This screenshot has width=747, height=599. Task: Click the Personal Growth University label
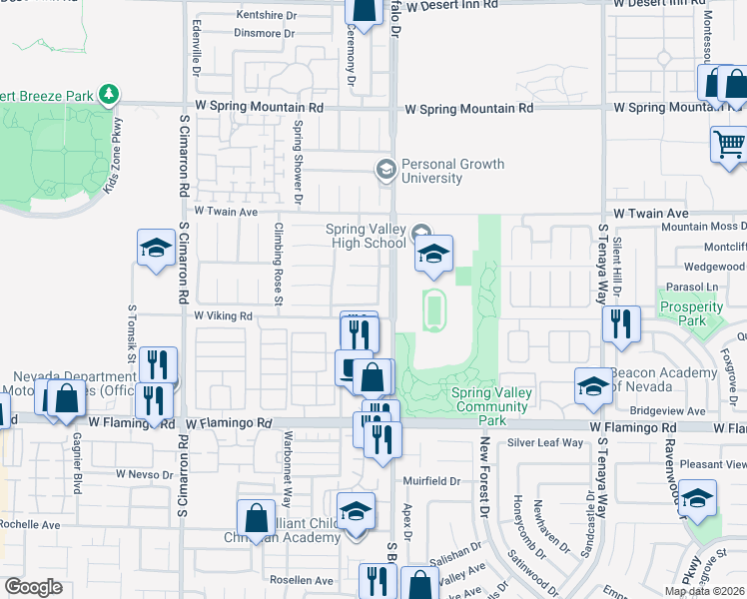[452, 171]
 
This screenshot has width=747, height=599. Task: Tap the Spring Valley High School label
[367, 236]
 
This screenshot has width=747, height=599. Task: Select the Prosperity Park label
[691, 313]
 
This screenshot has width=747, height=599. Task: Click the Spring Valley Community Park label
[489, 399]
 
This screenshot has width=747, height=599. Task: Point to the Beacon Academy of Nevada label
[664, 379]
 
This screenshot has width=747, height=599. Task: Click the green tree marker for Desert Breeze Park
[108, 95]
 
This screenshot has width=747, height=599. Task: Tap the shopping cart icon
[729, 145]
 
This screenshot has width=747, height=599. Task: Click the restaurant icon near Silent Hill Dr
[622, 323]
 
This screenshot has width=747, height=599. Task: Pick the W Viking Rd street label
[223, 315]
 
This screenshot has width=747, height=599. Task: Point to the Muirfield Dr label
[433, 481]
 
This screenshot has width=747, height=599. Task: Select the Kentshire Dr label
[268, 15]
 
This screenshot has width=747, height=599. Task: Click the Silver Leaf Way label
[545, 443]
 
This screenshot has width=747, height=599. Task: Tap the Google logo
[34, 586]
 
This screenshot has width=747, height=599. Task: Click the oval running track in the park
[434, 310]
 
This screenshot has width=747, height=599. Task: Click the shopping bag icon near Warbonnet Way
[256, 517]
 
